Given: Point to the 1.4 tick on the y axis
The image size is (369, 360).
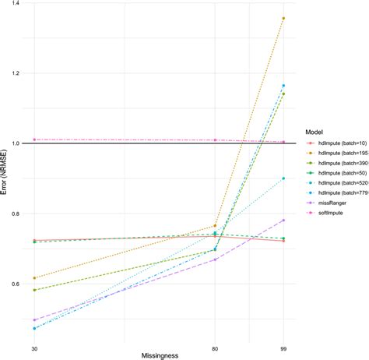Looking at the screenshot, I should point(16,4).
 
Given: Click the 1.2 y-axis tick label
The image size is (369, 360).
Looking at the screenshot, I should point(16,74).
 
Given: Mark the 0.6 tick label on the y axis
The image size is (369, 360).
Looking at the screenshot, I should point(16,284).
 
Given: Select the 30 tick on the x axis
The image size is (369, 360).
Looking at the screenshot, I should point(34,348).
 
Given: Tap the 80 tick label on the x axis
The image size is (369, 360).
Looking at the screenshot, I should point(216,348).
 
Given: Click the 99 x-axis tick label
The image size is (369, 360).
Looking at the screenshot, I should point(283,348).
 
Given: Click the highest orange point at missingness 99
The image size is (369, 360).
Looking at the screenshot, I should point(283,18).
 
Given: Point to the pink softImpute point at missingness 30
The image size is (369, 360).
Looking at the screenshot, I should point(34,139).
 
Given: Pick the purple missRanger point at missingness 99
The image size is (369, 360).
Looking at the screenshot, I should point(283,221).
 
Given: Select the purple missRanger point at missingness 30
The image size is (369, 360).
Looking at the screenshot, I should point(34,320).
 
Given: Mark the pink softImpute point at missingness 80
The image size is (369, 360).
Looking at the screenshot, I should point(216,140).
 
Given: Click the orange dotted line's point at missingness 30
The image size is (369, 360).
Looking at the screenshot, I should point(34,278).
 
